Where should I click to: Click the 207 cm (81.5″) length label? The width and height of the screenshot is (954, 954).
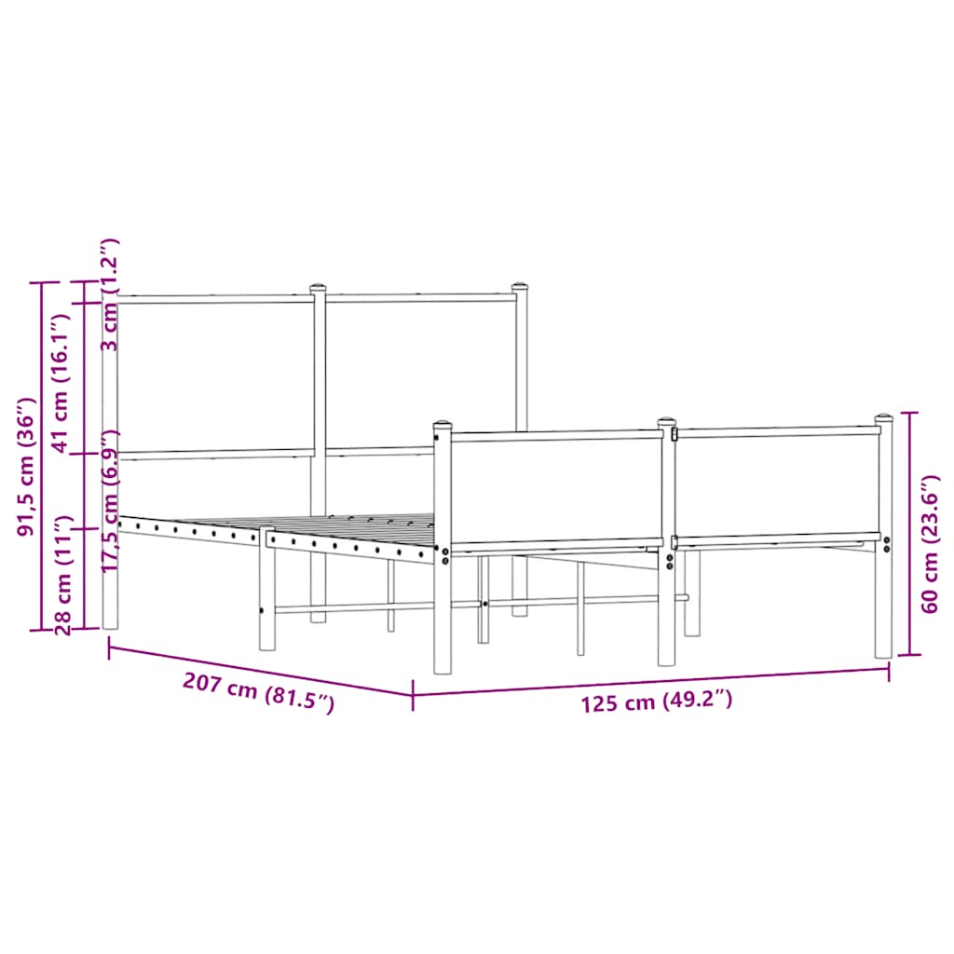click(258, 693)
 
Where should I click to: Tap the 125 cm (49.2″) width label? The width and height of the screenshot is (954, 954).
click(657, 702)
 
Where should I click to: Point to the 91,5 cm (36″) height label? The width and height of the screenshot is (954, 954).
click(27, 469)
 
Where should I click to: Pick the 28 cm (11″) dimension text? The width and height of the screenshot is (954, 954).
click(62, 575)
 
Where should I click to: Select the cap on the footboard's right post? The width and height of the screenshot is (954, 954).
click(883, 419)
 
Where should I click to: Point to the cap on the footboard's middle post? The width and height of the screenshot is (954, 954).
click(667, 423)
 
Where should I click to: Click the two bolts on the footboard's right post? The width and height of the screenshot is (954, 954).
click(887, 545)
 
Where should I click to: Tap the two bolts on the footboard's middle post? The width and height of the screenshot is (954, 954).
click(670, 562)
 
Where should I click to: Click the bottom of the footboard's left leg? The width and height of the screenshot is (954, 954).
click(443, 668)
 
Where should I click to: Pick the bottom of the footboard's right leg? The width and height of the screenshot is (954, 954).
click(883, 654)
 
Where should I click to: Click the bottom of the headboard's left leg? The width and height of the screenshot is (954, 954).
click(110, 626)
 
